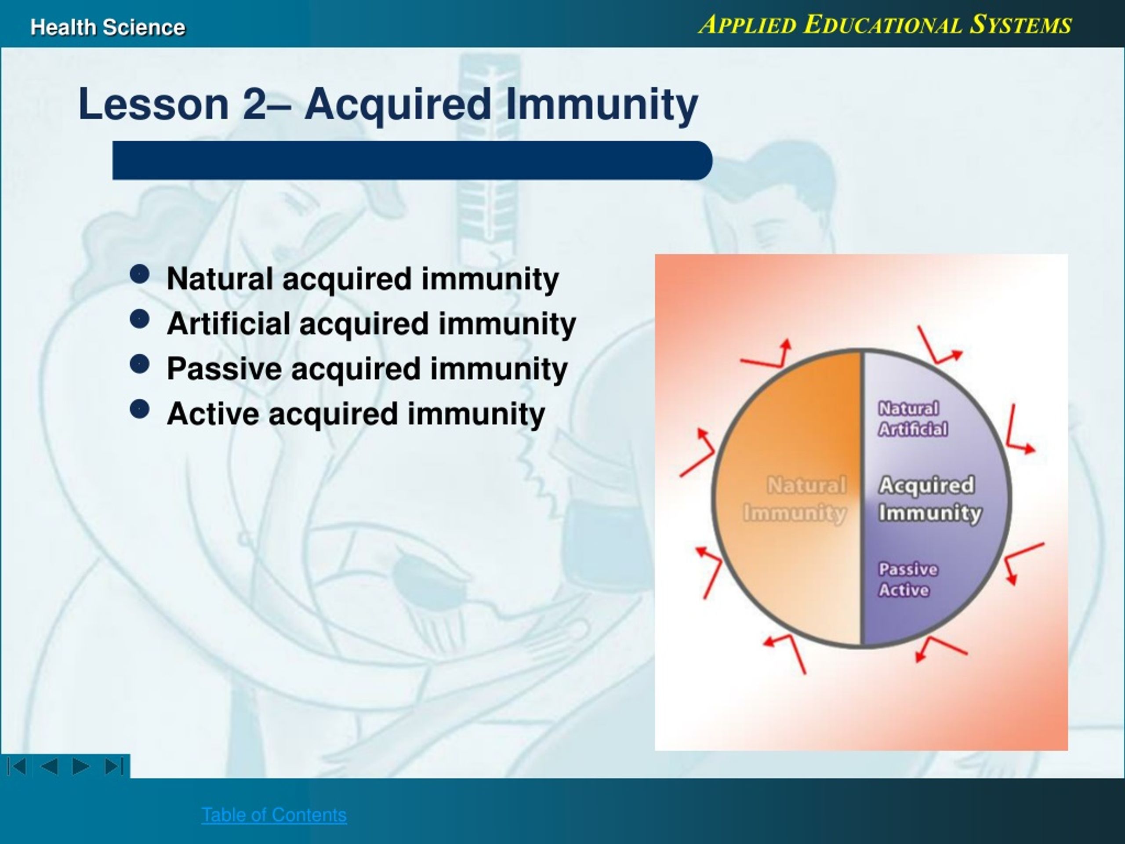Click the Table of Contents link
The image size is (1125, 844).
coord(274,815)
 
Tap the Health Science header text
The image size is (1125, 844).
coord(108,27)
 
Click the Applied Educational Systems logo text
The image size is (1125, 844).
coord(885,25)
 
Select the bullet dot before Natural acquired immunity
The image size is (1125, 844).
coord(140,274)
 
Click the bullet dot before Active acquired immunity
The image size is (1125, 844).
coord(140,408)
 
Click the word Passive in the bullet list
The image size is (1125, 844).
coord(224,368)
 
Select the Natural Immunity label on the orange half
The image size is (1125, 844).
coord(795,498)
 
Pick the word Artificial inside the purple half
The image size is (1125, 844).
coord(913,429)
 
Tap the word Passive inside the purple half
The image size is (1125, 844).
coord(908,569)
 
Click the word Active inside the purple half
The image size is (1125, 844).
coord(904,590)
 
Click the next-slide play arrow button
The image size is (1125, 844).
coord(81,766)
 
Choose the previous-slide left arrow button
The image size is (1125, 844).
coord(49,766)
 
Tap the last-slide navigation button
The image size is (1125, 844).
coord(114,766)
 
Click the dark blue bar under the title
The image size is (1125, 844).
coord(412,160)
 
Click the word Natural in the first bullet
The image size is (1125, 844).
coord(220,279)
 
